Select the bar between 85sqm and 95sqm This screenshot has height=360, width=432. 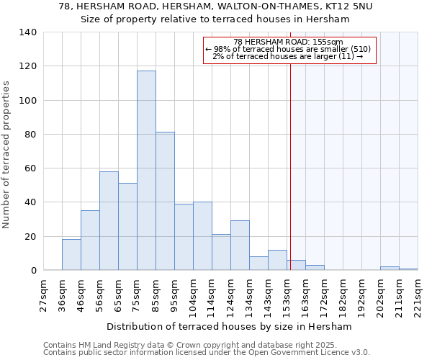[x=165, y=201]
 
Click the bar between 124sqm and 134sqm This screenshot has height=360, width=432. [x=240, y=246]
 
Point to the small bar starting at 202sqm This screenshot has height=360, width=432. [x=390, y=269]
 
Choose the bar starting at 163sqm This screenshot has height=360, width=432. [x=315, y=268]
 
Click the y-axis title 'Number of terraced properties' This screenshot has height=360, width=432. [x=7, y=155]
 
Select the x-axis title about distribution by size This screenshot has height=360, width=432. [x=233, y=327]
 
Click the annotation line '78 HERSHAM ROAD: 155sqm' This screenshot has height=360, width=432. [x=289, y=42]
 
